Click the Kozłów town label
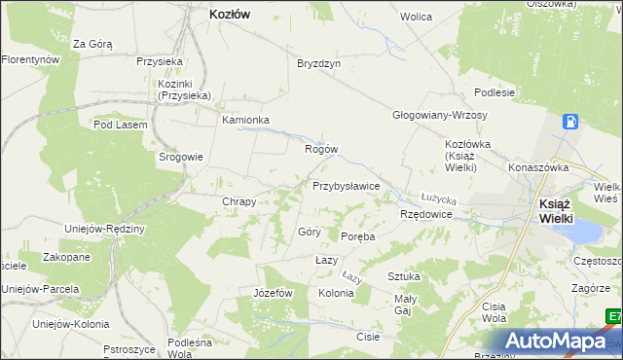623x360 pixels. tap(231, 15)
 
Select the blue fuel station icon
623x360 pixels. tap(570, 122)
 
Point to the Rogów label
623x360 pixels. tap(321, 149)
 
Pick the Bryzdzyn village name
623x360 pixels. tap(318, 63)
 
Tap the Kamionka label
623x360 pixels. tap(245, 121)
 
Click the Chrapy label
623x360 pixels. tap(239, 201)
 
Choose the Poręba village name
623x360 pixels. tap(357, 236)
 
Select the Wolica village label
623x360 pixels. tap(416, 18)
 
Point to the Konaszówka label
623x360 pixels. tap(537, 167)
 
